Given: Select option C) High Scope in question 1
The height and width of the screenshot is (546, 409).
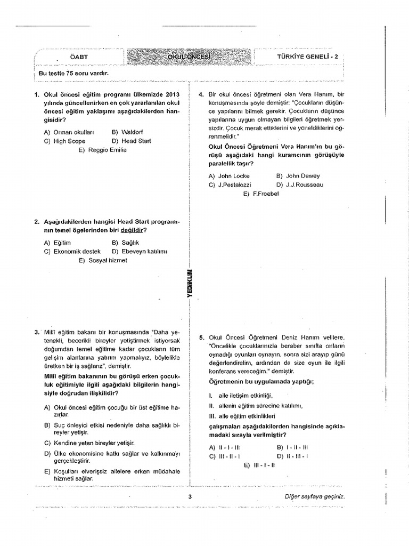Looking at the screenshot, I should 65,141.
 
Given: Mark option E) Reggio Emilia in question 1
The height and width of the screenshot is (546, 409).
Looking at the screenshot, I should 102,150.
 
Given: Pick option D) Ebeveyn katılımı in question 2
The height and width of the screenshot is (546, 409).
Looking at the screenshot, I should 140,251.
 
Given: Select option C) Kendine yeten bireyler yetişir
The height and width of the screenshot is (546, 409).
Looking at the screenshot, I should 89,443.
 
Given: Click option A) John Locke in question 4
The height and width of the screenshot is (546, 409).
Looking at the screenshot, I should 229,175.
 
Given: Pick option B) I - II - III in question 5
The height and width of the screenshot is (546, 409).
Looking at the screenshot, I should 292,447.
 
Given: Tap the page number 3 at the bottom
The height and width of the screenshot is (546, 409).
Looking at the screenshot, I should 190,497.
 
